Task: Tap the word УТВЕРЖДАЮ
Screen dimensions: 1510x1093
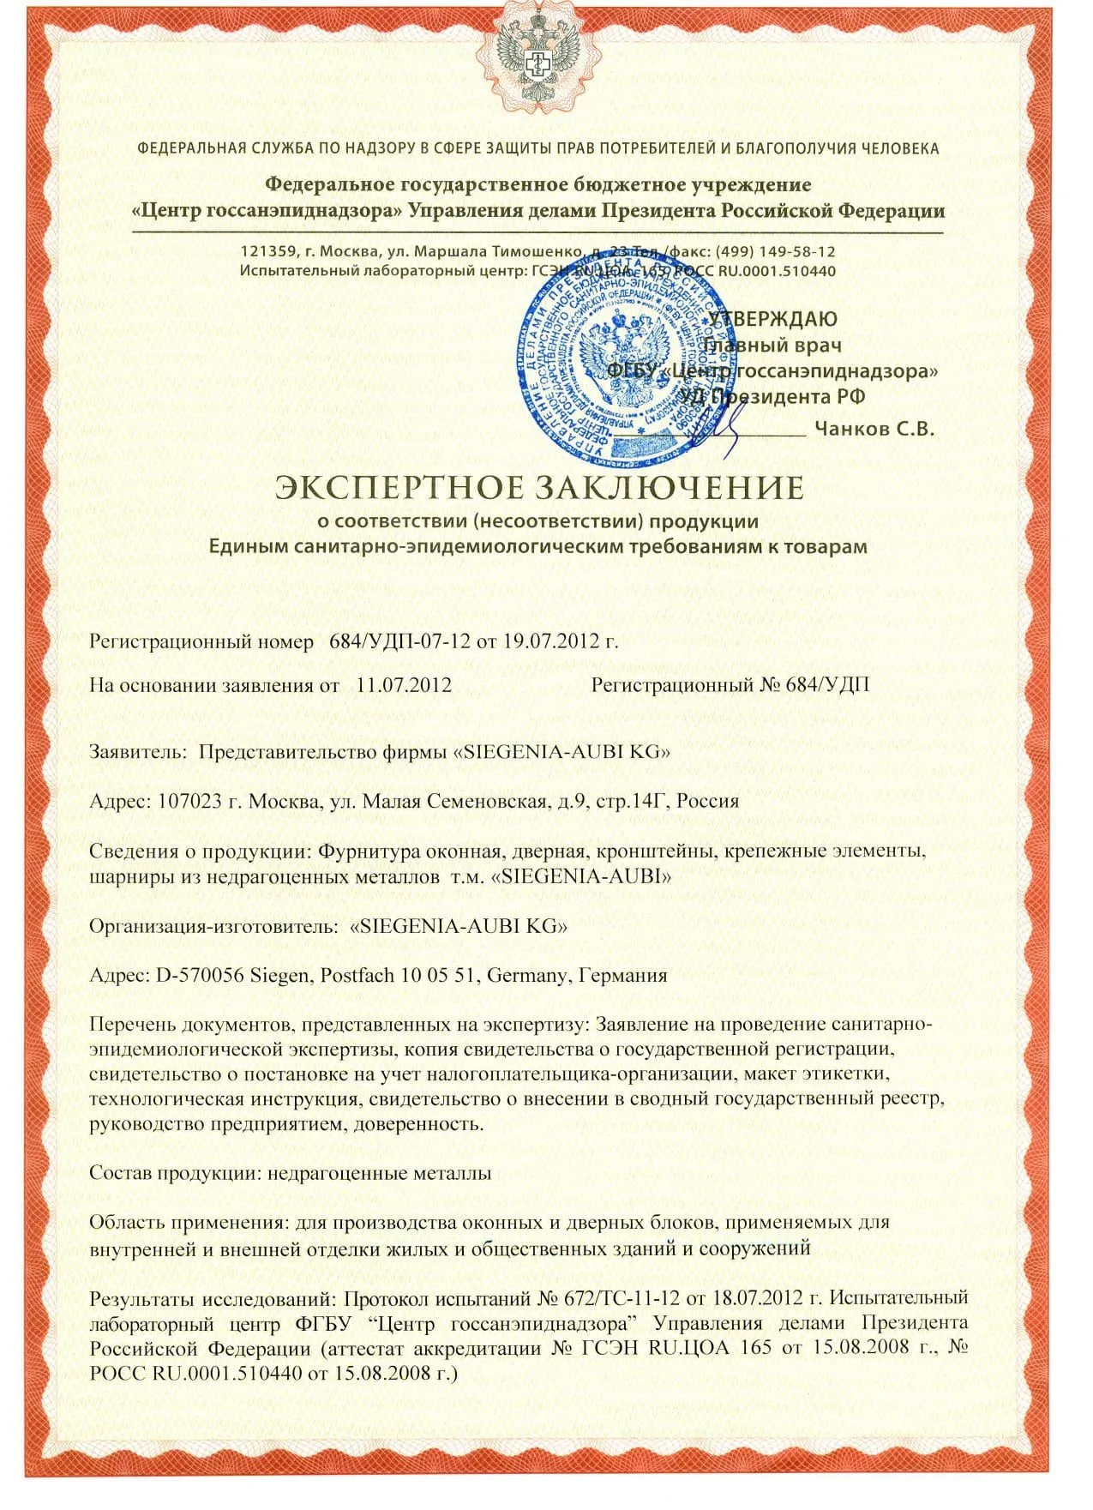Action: click(x=772, y=318)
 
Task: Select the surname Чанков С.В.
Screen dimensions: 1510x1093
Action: click(x=874, y=429)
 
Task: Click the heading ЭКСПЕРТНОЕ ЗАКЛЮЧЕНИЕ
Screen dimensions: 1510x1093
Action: click(x=538, y=488)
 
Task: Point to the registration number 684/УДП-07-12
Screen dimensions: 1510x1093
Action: click(x=393, y=641)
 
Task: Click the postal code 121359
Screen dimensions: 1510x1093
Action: click(x=265, y=251)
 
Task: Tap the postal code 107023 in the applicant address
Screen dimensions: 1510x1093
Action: click(x=187, y=802)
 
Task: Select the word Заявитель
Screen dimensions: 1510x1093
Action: click(x=138, y=752)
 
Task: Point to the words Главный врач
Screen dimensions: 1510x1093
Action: click(x=772, y=345)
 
